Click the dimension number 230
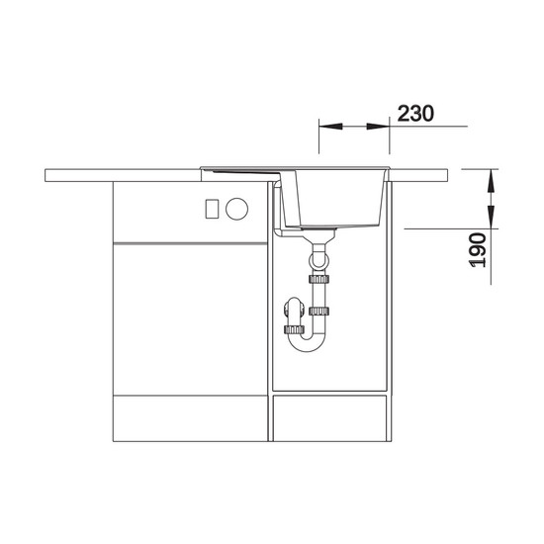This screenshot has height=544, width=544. [415, 113]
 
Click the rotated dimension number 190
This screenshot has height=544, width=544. [478, 250]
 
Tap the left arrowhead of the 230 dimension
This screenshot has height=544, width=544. [330, 127]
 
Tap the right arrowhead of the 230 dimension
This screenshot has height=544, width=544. [378, 127]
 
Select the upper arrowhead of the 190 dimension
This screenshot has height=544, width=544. [491, 181]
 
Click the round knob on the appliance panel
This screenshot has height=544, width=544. [237, 209]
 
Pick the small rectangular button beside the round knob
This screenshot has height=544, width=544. [212, 209]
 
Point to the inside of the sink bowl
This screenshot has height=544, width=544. [334, 198]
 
